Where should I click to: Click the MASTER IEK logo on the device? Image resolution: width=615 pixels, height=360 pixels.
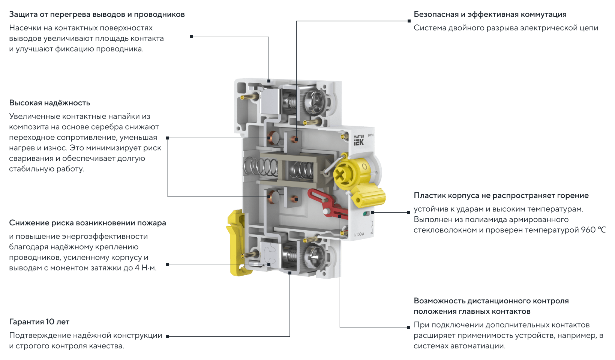[358, 140]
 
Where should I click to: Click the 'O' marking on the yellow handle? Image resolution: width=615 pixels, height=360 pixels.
[364, 166]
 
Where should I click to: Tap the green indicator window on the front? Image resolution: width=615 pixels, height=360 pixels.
[366, 213]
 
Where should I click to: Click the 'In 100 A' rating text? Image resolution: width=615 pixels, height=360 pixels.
[359, 234]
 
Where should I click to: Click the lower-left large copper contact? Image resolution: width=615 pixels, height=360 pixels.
[273, 196]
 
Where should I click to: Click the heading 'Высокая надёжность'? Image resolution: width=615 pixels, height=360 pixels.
[50, 103]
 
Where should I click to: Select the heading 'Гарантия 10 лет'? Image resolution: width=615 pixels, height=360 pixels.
[39, 321]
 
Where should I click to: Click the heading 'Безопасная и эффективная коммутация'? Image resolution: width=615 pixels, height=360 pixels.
[490, 15]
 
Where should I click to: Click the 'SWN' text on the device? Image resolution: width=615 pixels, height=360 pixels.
[370, 135]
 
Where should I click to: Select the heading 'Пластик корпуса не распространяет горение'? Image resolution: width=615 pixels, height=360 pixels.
[501, 196]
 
